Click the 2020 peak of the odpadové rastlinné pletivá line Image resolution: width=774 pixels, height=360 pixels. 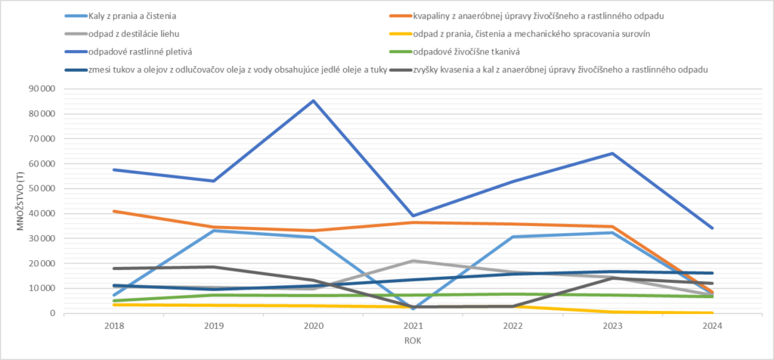pyautogui.click(x=313, y=101)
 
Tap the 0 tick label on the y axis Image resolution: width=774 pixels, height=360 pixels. pyautogui.click(x=51, y=313)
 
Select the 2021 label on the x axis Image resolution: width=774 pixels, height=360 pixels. pyautogui.click(x=413, y=326)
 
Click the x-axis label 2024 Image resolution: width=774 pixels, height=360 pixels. pyautogui.click(x=712, y=326)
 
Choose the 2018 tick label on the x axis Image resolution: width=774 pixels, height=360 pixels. pyautogui.click(x=113, y=326)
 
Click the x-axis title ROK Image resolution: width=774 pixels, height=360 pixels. pyautogui.click(x=413, y=341)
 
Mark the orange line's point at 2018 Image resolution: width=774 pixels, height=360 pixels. pyautogui.click(x=113, y=211)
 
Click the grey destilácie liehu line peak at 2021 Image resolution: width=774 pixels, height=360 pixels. pyautogui.click(x=413, y=261)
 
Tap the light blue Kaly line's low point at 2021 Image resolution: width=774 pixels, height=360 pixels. pyautogui.click(x=413, y=309)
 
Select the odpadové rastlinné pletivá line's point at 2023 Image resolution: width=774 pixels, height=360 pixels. pyautogui.click(x=612, y=154)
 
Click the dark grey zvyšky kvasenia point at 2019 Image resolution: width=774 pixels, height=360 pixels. pyautogui.click(x=213, y=267)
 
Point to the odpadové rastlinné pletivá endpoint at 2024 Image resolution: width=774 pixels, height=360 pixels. pyautogui.click(x=712, y=228)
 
